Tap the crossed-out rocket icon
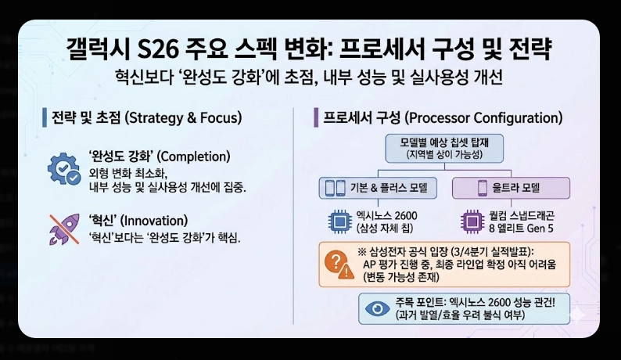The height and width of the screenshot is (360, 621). (x=63, y=227)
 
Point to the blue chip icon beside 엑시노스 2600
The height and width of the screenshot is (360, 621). (x=341, y=221)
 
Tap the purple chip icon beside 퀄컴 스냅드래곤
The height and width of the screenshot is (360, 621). (x=472, y=221)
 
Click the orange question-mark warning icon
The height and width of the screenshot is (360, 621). (x=338, y=264)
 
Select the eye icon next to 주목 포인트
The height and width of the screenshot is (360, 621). (x=379, y=308)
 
